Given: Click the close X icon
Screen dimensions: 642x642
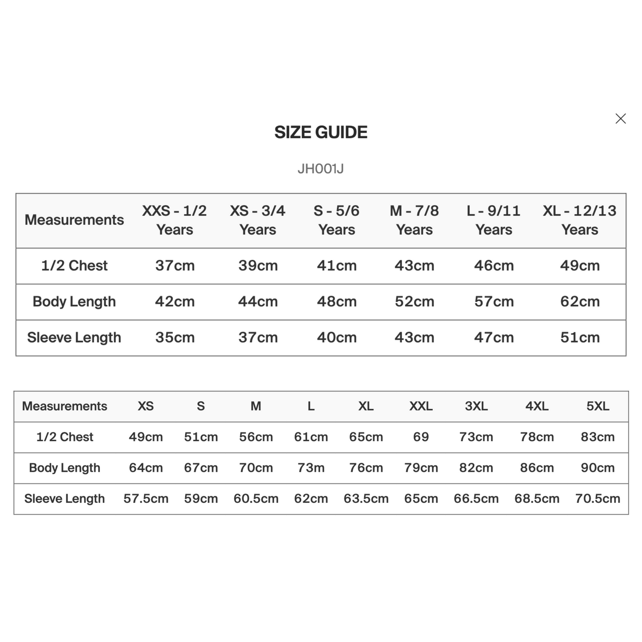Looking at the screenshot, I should click(x=621, y=119).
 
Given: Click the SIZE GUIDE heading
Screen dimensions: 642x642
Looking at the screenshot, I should click(x=321, y=132).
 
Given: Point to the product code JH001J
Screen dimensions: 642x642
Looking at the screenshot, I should click(x=321, y=169).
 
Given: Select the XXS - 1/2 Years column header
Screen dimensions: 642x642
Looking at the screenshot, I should click(x=175, y=220).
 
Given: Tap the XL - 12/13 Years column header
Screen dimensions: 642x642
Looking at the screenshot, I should click(x=580, y=220).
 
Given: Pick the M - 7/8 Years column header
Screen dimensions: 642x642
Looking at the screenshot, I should click(x=414, y=220).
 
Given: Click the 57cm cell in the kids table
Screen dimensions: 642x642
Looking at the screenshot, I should click(x=494, y=302).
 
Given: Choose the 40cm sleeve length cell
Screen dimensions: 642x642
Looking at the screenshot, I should click(x=337, y=338).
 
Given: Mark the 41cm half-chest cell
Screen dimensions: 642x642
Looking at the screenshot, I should click(x=337, y=266).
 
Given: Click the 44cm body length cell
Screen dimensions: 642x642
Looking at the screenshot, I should click(x=258, y=302).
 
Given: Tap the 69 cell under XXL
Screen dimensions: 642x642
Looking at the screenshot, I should click(x=421, y=437).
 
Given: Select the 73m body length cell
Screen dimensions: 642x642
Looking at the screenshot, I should click(x=311, y=468).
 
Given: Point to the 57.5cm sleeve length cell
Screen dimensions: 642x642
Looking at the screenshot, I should click(x=146, y=498).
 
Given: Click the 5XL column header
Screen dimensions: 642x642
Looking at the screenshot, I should click(x=598, y=406).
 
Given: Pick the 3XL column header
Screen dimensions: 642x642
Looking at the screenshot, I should click(x=476, y=406).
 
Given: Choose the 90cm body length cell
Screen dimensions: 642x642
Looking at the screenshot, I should click(x=598, y=468).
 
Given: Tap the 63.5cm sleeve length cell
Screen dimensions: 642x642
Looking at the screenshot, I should click(x=366, y=498).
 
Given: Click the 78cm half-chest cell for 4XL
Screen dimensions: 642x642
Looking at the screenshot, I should click(x=537, y=437).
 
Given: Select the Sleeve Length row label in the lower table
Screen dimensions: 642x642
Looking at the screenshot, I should click(x=64, y=498).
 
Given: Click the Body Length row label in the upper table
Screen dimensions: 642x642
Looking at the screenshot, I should click(x=74, y=302).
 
